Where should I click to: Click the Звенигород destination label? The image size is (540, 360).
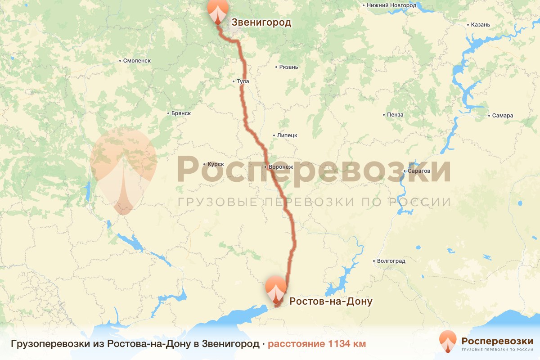261,22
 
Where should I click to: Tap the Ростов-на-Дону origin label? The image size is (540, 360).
331,301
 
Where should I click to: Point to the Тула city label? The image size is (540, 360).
243,81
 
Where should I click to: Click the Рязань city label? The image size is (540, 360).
288,67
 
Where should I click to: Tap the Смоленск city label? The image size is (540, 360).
137,60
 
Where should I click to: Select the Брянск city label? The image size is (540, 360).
181,113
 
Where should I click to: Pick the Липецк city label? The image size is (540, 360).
287,135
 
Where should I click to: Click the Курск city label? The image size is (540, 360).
216,164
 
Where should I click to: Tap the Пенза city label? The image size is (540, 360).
395,115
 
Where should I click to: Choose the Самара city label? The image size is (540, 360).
502,116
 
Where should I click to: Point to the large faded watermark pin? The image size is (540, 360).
123,171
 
